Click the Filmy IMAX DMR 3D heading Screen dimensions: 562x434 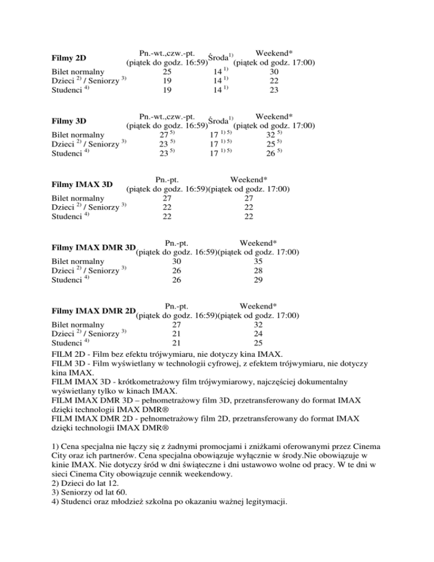[x=93, y=248]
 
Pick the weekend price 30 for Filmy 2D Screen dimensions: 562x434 [x=274, y=72]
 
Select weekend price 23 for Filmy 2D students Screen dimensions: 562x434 [x=274, y=90]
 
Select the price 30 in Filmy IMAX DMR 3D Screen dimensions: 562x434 [x=176, y=262]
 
